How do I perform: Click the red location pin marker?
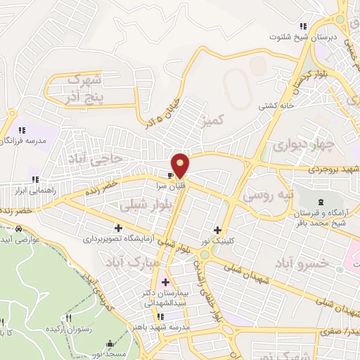(x=181, y=164)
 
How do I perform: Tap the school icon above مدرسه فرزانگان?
(x=21, y=130)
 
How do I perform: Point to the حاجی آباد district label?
(x=94, y=160)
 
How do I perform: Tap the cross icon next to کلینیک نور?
(x=217, y=230)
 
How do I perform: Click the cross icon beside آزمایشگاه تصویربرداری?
(x=118, y=228)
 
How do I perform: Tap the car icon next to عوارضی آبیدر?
(x=18, y=229)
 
